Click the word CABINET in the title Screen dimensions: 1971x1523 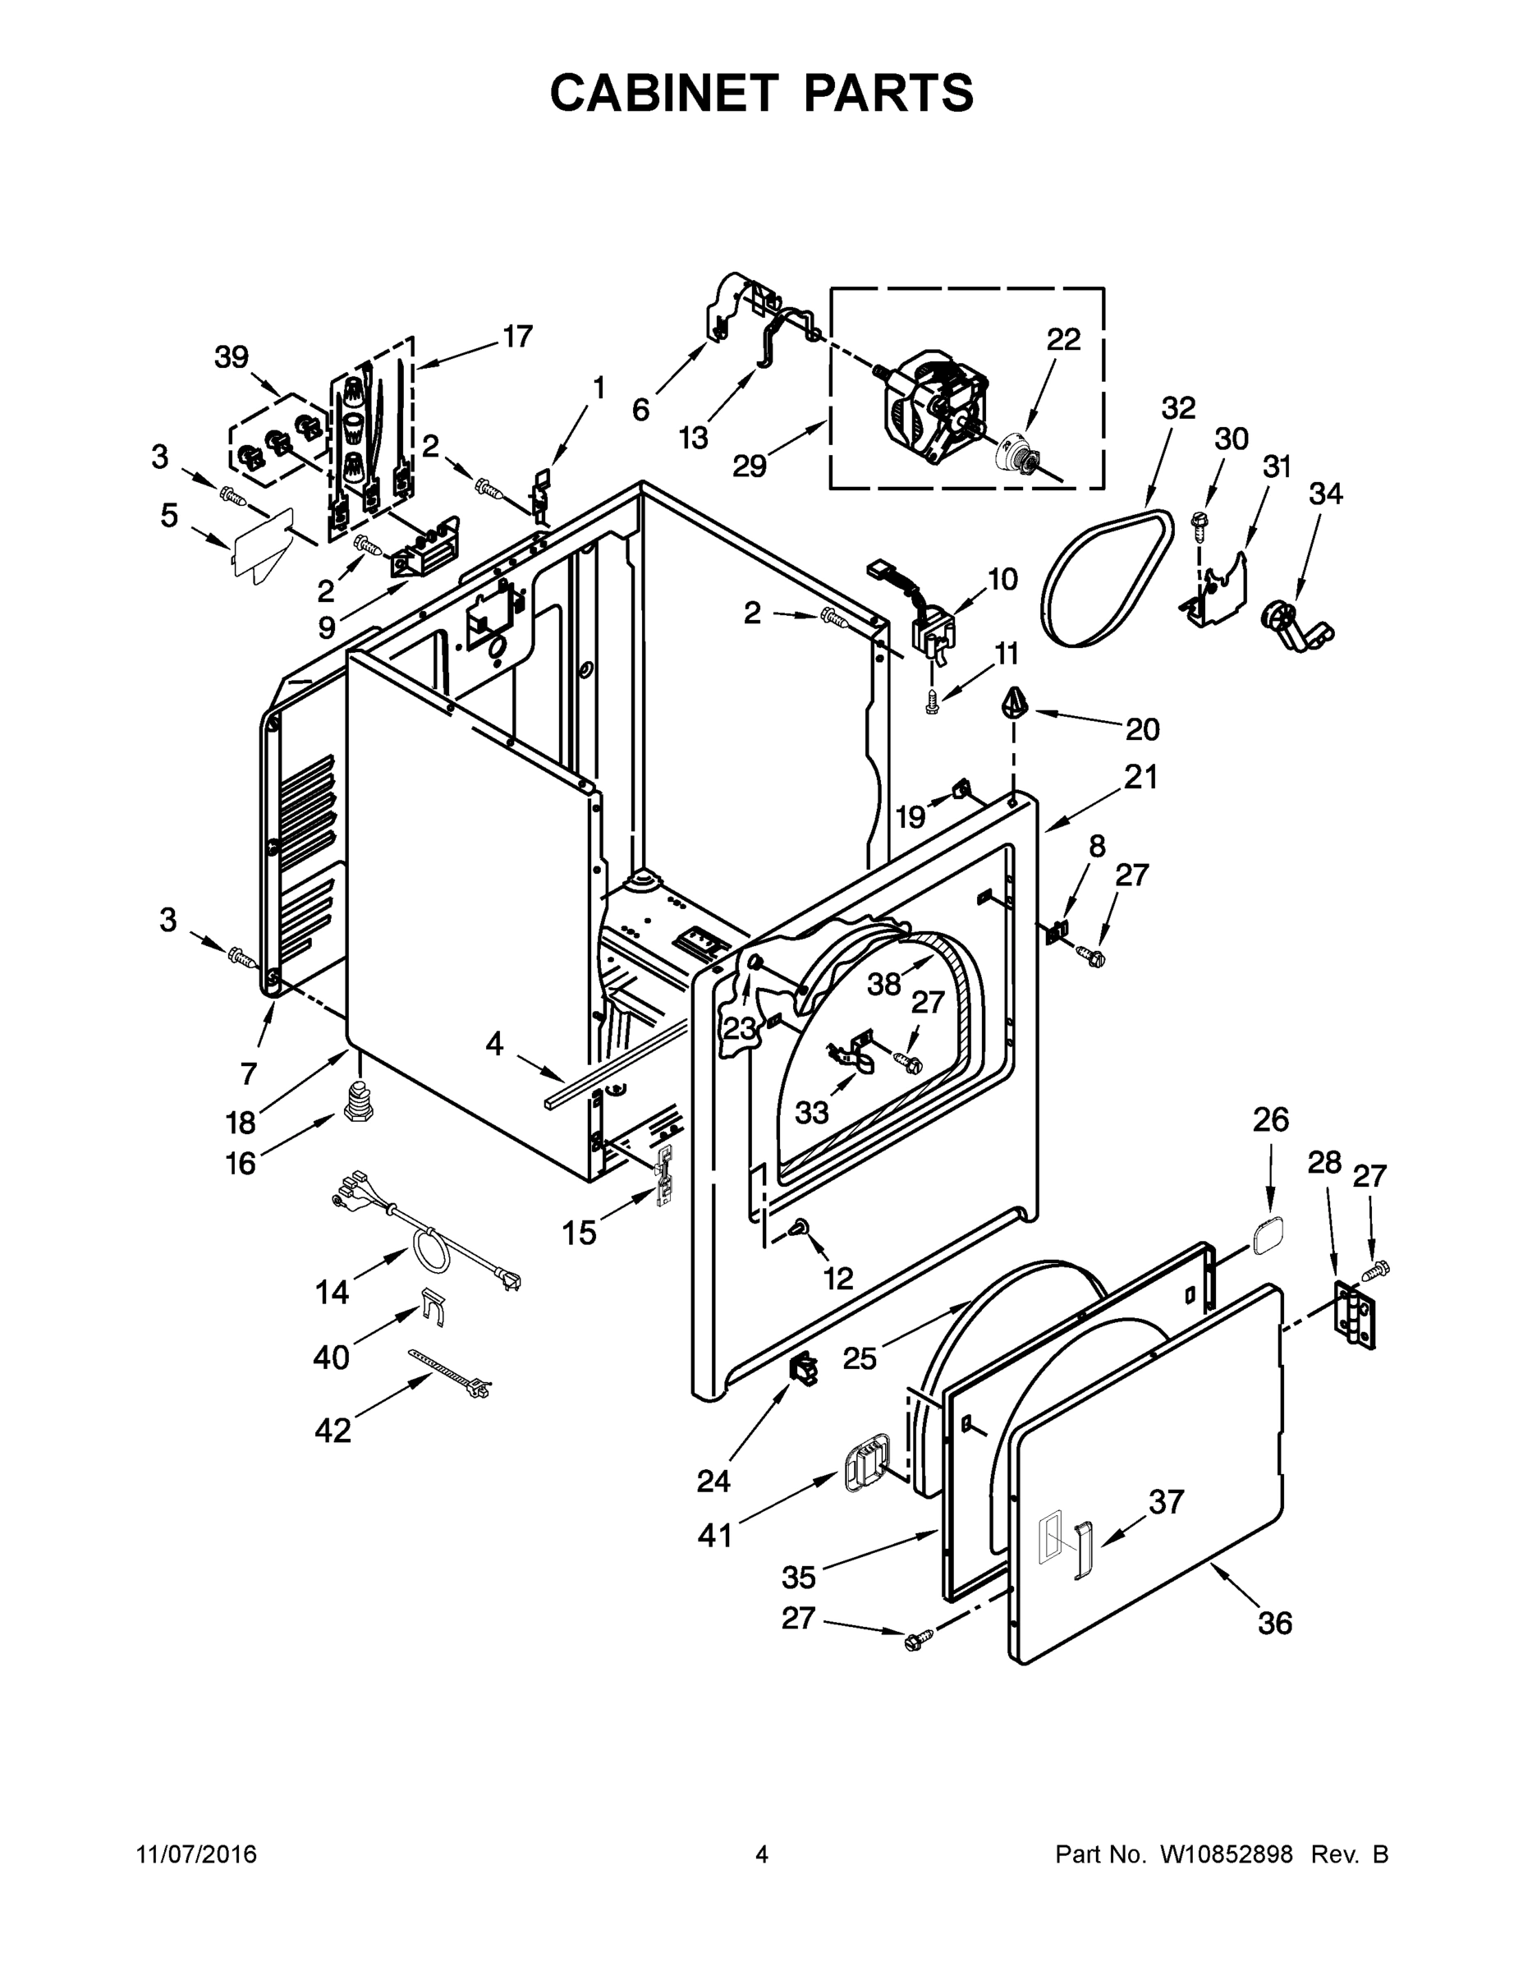pos(663,92)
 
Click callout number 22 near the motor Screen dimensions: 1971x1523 pos(1063,340)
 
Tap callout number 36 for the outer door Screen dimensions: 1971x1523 pos(1275,1623)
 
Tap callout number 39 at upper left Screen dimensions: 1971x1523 pos(231,357)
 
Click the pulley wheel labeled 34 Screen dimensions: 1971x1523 pos(1292,627)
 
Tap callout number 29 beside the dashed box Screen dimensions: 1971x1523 pos(749,466)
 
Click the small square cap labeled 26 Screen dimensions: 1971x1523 pos(1265,1233)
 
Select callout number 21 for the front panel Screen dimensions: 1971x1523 pos(1140,776)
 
